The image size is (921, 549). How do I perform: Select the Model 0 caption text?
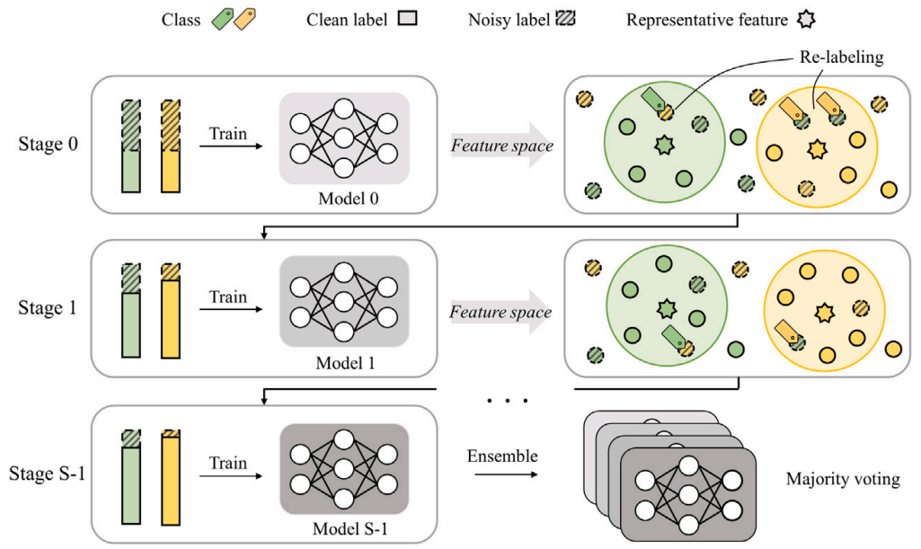[x=344, y=199]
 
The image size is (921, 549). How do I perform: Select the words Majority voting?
[x=842, y=479]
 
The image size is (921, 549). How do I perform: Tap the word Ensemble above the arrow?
[x=502, y=456]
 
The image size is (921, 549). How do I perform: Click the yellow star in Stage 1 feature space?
[x=822, y=312]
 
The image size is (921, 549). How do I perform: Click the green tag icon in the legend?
[x=220, y=18]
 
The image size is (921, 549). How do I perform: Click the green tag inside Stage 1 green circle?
[x=673, y=337]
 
